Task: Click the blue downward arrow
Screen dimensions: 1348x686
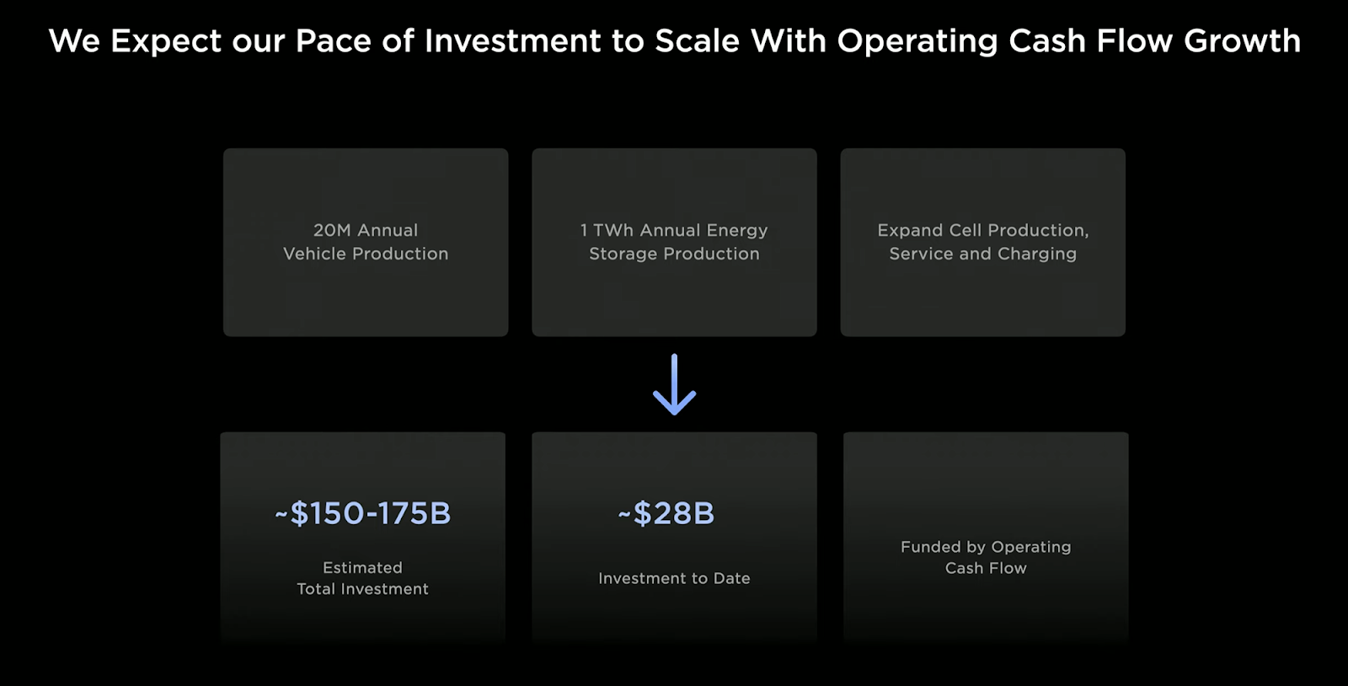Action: pyautogui.click(x=674, y=384)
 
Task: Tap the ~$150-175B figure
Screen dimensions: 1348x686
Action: pyautogui.click(x=362, y=513)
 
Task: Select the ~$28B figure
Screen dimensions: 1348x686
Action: pyautogui.click(x=666, y=513)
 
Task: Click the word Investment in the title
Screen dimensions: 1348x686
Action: pyautogui.click(x=513, y=41)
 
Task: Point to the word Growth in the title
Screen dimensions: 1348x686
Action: pyautogui.click(x=1242, y=41)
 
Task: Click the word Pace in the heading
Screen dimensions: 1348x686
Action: pyautogui.click(x=333, y=41)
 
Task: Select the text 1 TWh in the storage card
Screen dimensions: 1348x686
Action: pyautogui.click(x=607, y=230)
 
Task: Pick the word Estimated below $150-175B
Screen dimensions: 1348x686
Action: pyautogui.click(x=362, y=567)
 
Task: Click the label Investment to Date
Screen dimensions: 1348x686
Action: pyautogui.click(x=674, y=578)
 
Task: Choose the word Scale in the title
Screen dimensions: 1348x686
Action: pyautogui.click(x=697, y=41)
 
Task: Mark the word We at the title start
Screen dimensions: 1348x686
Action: pyautogui.click(x=74, y=41)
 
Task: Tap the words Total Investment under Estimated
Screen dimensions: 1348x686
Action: pyautogui.click(x=362, y=588)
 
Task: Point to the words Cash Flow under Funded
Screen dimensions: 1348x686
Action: pyautogui.click(x=986, y=568)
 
